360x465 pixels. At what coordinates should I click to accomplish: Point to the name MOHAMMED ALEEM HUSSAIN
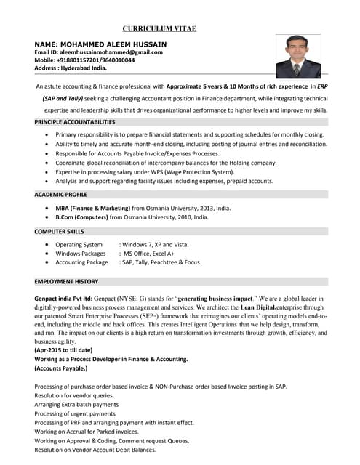tap(111, 44)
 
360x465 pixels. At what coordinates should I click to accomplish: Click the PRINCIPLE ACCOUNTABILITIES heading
tap(75, 122)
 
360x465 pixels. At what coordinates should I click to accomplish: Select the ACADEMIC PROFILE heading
tap(60, 195)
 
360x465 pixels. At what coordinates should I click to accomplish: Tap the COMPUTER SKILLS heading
tap(60, 231)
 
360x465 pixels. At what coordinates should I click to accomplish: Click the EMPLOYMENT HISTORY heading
tap(66, 281)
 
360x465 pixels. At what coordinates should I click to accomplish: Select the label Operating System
tap(79, 245)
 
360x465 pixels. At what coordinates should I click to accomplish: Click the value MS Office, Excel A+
tap(148, 254)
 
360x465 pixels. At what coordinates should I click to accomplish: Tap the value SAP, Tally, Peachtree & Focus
tap(159, 262)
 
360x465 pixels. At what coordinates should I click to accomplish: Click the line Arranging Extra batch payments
tap(76, 404)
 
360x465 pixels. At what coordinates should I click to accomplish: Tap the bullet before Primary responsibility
tap(47, 135)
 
